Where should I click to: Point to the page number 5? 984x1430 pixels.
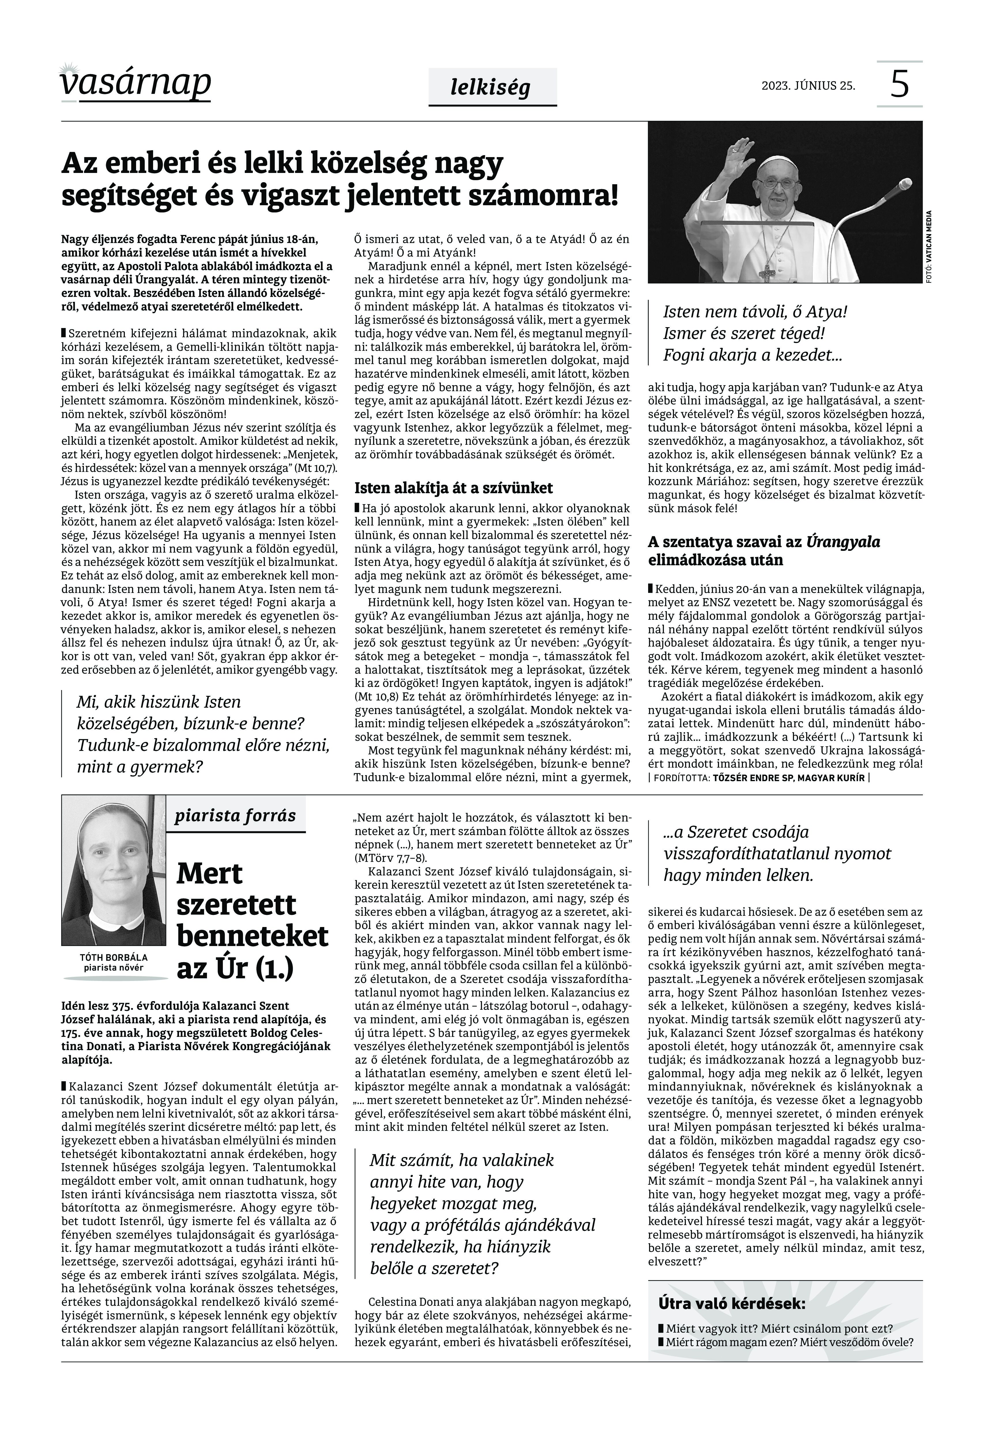(x=900, y=84)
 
